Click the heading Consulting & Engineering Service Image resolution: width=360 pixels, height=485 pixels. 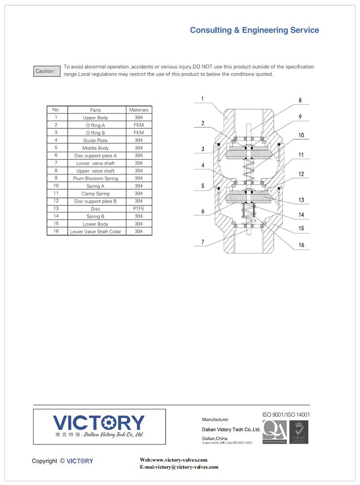coord(254,30)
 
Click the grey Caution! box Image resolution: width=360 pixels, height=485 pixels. coord(46,71)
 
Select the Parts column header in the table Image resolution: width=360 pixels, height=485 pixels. coord(96,110)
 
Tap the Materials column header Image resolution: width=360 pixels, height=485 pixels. coord(139,110)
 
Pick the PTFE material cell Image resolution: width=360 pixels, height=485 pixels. coord(139,208)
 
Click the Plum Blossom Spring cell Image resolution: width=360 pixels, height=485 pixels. coord(96,178)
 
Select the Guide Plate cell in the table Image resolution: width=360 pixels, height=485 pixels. coord(96,140)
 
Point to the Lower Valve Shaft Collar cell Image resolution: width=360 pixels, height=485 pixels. coord(96,231)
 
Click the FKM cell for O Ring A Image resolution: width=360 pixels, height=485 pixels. coord(139,125)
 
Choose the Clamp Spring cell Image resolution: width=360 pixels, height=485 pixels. coord(96,194)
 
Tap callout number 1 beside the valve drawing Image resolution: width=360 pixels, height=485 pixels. coord(203,99)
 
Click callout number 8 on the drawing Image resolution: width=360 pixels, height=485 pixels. coord(300,101)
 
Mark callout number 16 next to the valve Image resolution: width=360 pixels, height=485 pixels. coord(301,245)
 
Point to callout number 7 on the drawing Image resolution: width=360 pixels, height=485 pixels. coord(203,242)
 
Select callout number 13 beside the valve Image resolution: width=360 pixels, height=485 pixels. coord(301,200)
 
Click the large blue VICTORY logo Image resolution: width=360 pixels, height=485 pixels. coord(99,423)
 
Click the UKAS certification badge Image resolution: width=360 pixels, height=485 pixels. coord(299,432)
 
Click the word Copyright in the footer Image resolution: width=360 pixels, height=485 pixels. coord(45,461)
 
